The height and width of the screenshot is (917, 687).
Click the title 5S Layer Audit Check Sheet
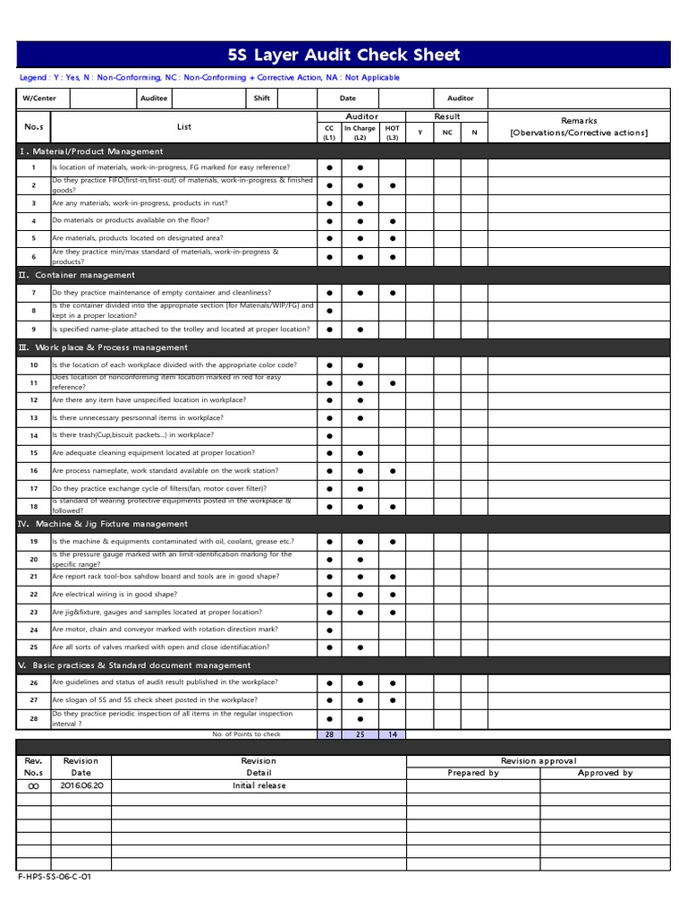343,55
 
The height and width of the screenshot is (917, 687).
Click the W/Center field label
33,99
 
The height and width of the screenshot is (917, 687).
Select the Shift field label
261,99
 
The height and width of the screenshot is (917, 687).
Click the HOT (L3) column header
392,133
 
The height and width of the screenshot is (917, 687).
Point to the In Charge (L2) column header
360,133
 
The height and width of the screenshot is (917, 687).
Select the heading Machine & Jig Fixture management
103,524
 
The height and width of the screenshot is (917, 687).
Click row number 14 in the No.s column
33,436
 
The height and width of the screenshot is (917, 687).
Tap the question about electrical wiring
114,595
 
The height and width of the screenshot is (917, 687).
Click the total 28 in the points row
329,734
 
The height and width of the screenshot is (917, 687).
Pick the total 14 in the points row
392,734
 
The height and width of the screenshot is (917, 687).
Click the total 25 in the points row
360,734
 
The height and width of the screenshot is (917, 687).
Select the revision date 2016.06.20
81,785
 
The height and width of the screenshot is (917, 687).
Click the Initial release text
259,785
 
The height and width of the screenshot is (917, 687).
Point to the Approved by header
605,773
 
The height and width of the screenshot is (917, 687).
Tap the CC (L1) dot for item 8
329,311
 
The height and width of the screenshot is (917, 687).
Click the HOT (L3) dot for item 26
392,682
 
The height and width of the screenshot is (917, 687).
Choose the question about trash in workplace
132,436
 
